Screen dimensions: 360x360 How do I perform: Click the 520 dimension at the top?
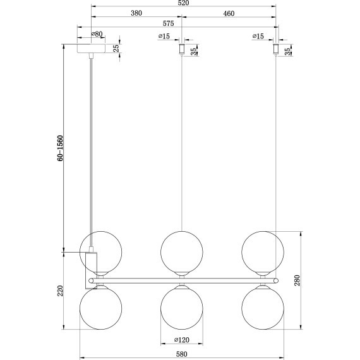(184, 3)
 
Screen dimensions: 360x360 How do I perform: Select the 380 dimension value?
(135, 13)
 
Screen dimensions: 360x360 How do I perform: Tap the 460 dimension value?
(229, 13)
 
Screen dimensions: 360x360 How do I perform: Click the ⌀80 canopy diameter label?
(97, 34)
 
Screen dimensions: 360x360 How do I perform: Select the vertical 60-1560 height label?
(61, 149)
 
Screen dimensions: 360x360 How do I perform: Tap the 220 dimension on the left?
(61, 291)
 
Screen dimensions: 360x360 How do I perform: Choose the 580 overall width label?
(181, 354)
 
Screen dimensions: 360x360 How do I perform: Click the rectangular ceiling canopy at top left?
(92, 49)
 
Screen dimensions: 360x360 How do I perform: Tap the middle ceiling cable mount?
(181, 49)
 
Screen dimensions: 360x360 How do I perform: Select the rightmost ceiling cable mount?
(275, 49)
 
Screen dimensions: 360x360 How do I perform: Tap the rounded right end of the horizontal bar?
(275, 279)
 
